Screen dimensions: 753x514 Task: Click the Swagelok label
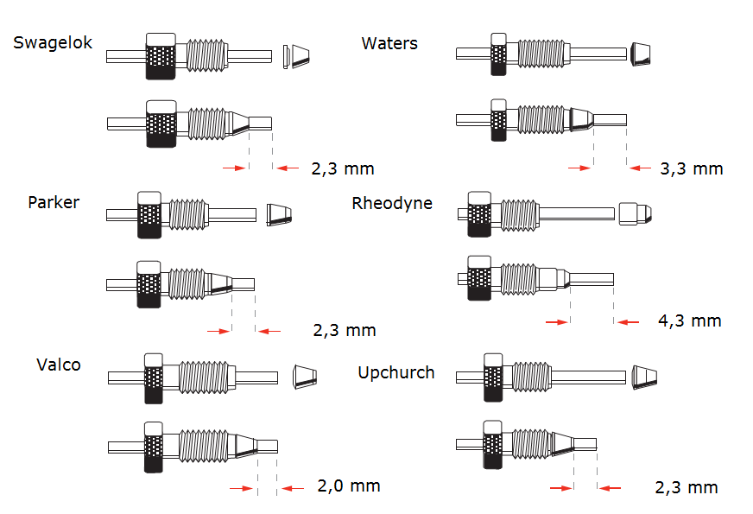coord(53,43)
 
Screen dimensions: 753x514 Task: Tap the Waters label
coord(389,43)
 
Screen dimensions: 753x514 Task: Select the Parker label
coord(54,202)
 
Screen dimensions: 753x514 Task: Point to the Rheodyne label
coord(392,203)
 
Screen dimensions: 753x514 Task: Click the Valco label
coord(59,365)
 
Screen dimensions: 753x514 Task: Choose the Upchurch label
coord(396,373)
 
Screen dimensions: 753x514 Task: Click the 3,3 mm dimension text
coord(692,168)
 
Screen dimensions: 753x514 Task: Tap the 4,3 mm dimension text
coord(690,320)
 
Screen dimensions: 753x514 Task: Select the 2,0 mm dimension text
coord(349,485)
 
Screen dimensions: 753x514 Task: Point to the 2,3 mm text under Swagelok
coord(343,168)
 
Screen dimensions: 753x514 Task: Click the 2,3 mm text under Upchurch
coord(687,487)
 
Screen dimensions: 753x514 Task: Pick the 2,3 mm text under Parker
coord(345,330)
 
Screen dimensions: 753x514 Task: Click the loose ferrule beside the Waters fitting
coord(641,54)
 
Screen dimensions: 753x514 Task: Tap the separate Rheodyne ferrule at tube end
coord(636,213)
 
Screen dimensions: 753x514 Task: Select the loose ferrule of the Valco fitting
coord(305,376)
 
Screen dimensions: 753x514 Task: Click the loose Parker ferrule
coord(279,215)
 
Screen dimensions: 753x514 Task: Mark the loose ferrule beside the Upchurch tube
coord(644,378)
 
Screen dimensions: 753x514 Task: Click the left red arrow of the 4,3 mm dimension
coord(557,322)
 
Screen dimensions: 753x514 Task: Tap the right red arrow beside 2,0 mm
coord(293,489)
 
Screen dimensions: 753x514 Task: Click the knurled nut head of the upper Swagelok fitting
coord(161,56)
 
